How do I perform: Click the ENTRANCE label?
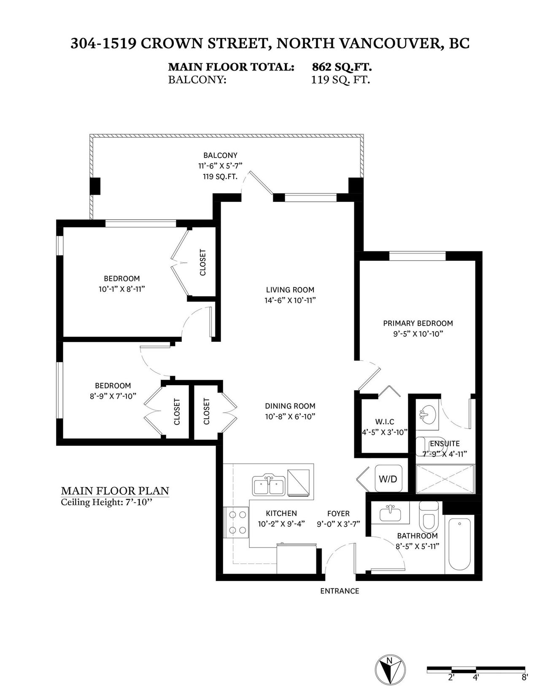[x=340, y=591]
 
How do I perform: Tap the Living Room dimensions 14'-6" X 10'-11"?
[x=290, y=300]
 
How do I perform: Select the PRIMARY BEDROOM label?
[x=418, y=323]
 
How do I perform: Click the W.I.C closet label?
[x=385, y=421]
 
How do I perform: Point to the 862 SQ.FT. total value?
[x=342, y=67]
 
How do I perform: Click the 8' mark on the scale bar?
[x=524, y=678]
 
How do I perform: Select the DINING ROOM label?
[x=290, y=406]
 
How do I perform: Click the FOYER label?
[x=338, y=513]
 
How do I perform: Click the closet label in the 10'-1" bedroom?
[x=202, y=262]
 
